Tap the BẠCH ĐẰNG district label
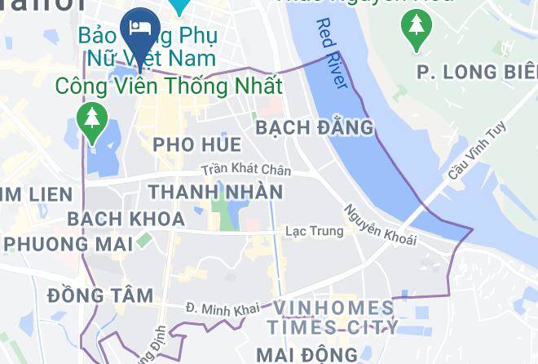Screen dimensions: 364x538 [x=314, y=127]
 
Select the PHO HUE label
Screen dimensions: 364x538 [x=197, y=144]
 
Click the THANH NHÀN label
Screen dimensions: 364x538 [x=216, y=192]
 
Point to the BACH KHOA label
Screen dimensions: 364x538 [x=126, y=219]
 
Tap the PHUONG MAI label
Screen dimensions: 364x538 [x=57, y=243]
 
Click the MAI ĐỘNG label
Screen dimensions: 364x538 [x=306, y=354]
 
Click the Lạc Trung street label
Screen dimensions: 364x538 [x=314, y=231]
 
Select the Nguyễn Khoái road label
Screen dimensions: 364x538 [x=380, y=224]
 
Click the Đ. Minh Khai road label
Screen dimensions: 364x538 [x=222, y=308]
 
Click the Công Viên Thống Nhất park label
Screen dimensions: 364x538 [x=169, y=85]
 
